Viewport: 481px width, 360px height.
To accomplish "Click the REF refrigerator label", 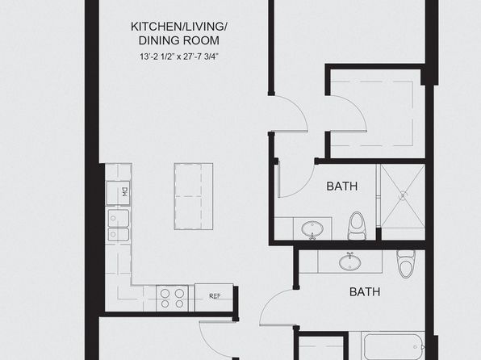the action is tap(215, 296).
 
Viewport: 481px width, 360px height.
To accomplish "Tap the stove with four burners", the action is tap(172, 299).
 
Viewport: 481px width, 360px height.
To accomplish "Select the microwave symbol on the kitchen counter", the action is tap(119, 193).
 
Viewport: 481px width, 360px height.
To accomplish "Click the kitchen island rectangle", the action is tap(194, 196).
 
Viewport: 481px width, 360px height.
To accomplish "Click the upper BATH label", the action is tap(341, 186).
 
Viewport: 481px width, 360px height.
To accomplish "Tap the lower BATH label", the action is tap(365, 291).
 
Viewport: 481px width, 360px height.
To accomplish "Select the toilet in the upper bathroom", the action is tap(356, 225).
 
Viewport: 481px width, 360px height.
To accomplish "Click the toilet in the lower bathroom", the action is tap(405, 264).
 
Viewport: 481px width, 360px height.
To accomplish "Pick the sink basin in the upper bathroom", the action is tap(312, 229).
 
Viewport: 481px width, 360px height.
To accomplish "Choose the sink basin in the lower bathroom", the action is tap(350, 262).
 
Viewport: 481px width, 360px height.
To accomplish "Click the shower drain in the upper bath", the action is tap(403, 195).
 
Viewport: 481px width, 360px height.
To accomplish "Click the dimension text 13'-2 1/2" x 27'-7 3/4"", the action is tap(179, 57).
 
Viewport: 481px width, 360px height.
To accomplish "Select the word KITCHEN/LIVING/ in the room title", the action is tap(179, 27).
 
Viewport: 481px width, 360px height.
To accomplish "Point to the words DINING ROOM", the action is tap(179, 40).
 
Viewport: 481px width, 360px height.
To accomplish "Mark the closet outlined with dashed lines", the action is tap(372, 113).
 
